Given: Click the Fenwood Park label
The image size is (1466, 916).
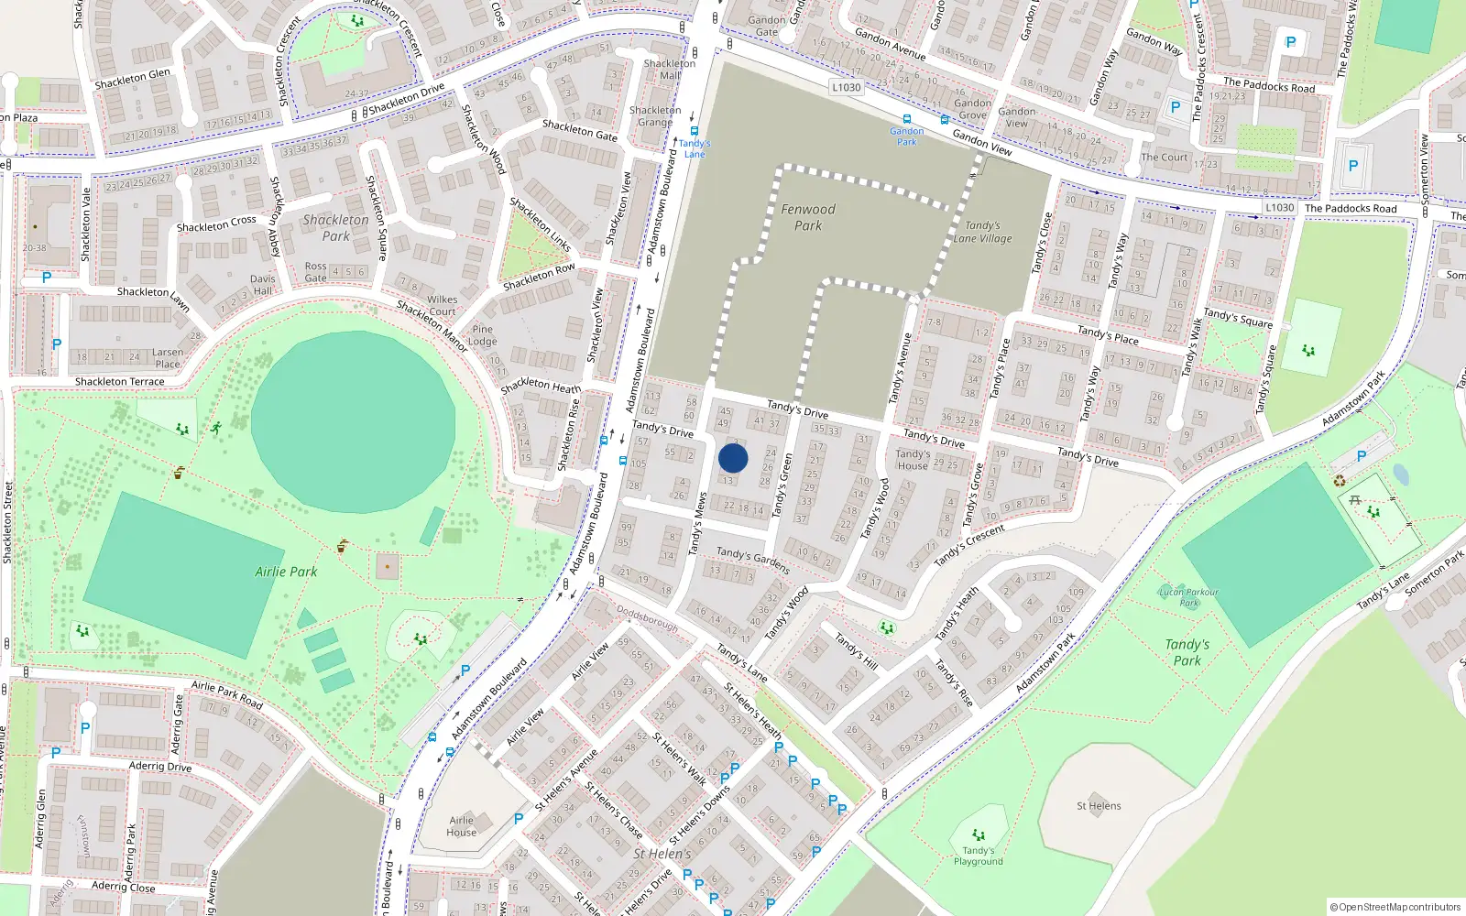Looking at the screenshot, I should (808, 217).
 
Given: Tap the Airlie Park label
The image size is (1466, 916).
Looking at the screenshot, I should (286, 572).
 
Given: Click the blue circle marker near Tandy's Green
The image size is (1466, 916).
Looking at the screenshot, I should (733, 458).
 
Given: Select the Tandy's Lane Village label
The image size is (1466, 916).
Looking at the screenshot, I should (982, 232).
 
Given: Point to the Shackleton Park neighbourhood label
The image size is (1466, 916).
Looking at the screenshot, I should (335, 227).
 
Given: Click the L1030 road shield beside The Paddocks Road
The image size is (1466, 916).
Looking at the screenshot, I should (1279, 208).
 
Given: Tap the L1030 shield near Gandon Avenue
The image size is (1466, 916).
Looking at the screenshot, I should (846, 88).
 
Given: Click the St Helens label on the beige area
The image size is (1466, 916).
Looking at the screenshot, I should (1099, 806).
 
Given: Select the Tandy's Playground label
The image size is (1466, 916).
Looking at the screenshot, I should (978, 856).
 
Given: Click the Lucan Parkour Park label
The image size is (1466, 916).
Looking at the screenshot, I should (1188, 597).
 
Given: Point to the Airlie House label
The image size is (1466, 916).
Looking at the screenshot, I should (462, 826).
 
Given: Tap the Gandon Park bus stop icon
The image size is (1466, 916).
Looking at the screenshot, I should (907, 119).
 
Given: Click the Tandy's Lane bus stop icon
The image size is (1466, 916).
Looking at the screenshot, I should (695, 131).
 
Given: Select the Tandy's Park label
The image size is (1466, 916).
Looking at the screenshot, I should (1187, 652).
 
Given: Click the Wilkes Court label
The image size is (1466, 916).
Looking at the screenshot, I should (442, 305).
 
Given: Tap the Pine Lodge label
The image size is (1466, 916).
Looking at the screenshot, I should (482, 335).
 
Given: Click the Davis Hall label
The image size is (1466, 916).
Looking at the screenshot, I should (263, 285).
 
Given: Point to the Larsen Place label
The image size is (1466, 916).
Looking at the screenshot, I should (168, 358).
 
